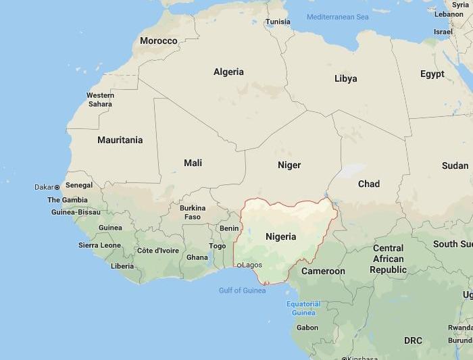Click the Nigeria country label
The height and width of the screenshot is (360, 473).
[x=280, y=236]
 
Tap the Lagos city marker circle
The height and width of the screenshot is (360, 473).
[x=239, y=265]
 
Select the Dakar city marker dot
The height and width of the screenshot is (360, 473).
[x=57, y=187]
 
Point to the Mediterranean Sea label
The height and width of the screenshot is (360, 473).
[x=337, y=17]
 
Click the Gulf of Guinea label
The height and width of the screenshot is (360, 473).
[x=242, y=290]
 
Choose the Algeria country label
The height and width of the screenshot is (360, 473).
[x=228, y=72]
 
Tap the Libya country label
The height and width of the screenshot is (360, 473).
[x=345, y=79]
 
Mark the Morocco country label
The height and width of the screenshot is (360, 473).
[x=158, y=41]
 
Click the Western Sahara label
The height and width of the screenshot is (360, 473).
[x=100, y=100]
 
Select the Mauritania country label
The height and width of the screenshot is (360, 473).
[x=120, y=140]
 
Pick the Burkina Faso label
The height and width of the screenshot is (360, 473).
[x=193, y=213]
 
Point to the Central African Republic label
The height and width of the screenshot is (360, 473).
[x=388, y=259]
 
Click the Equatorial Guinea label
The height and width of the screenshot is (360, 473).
[x=303, y=309]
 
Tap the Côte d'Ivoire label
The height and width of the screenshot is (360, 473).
[x=157, y=251]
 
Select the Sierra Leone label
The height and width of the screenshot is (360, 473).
[x=99, y=245]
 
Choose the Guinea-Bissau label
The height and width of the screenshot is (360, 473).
[x=75, y=212]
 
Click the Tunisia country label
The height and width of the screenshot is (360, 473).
[x=278, y=22]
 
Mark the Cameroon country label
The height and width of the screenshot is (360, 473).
[x=323, y=272]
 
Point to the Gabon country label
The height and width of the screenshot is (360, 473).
[x=307, y=328]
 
